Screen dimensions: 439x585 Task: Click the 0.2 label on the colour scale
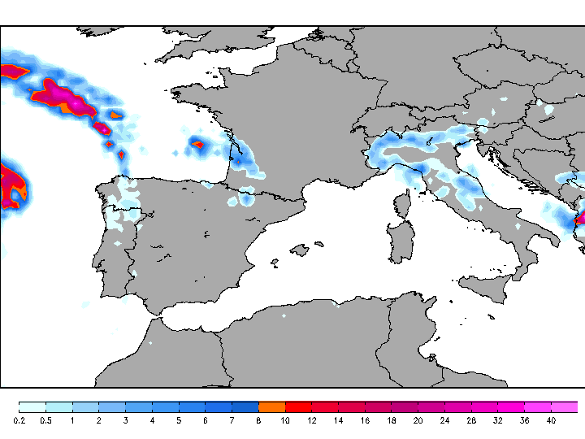pyautogui.click(x=19, y=420)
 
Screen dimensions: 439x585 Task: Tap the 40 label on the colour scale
pyautogui.click(x=551, y=420)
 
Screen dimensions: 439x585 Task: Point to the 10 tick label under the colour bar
pyautogui.click(x=285, y=420)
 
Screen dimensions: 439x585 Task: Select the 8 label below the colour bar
pyautogui.click(x=258, y=420)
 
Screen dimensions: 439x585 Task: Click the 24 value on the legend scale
pyautogui.click(x=444, y=420)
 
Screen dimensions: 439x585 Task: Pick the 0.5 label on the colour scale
pyautogui.click(x=46, y=420)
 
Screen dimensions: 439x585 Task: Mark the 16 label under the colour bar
pyautogui.click(x=365, y=420)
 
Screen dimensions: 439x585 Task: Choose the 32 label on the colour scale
pyautogui.click(x=497, y=420)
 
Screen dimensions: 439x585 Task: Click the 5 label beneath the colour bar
pyautogui.click(x=179, y=420)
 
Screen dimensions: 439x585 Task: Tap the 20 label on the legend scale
pyautogui.click(x=418, y=420)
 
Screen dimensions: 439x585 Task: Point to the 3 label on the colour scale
pyautogui.click(x=126, y=420)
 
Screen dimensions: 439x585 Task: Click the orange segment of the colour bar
pyautogui.click(x=271, y=406)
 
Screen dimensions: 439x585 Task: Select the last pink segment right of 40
pyautogui.click(x=564, y=406)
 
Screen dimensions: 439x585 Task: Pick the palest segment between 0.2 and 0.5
pyautogui.click(x=32, y=406)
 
